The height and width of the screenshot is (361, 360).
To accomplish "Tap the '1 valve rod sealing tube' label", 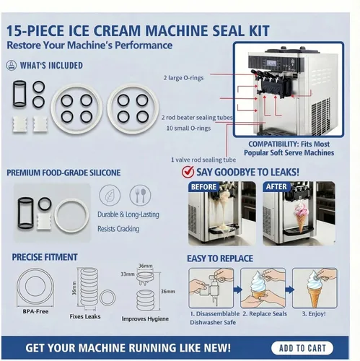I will point(204,158).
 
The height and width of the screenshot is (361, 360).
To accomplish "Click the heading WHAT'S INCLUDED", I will point(51,65).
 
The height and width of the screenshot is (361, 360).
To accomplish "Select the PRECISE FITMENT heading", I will point(45,257).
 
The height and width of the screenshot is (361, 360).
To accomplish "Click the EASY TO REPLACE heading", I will point(221,258).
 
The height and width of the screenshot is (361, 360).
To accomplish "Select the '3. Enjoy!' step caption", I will point(319,316).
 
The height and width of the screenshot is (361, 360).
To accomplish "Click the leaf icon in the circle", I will point(107,195).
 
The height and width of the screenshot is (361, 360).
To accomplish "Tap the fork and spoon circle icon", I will point(140,195).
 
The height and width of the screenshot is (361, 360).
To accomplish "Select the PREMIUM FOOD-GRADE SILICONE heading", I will point(63,173).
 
